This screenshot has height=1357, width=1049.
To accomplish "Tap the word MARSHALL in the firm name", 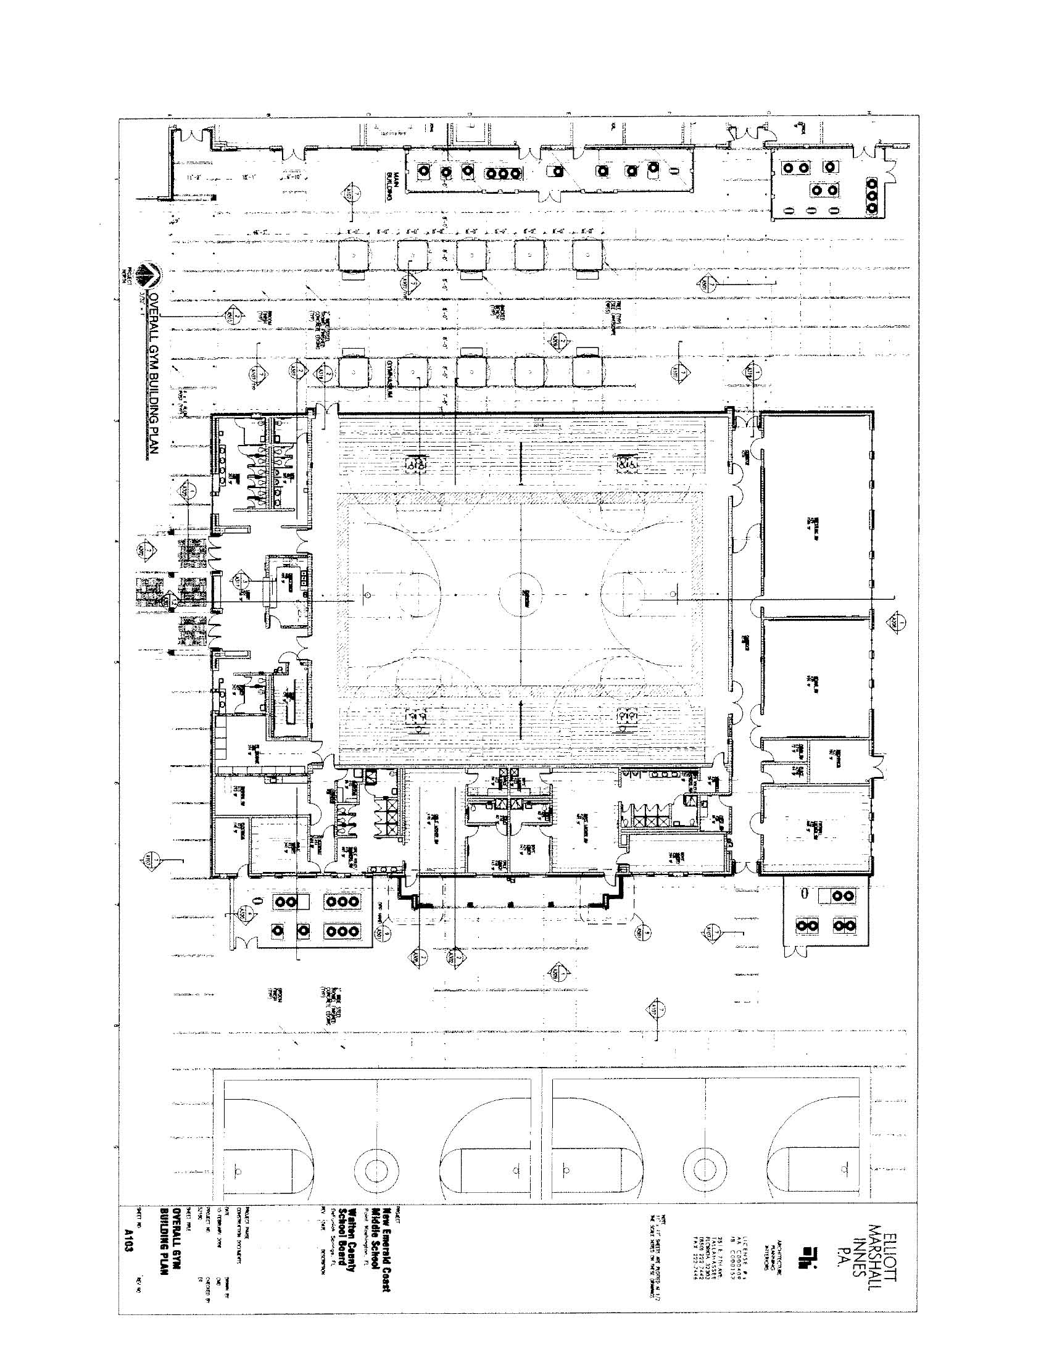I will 877,1232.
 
